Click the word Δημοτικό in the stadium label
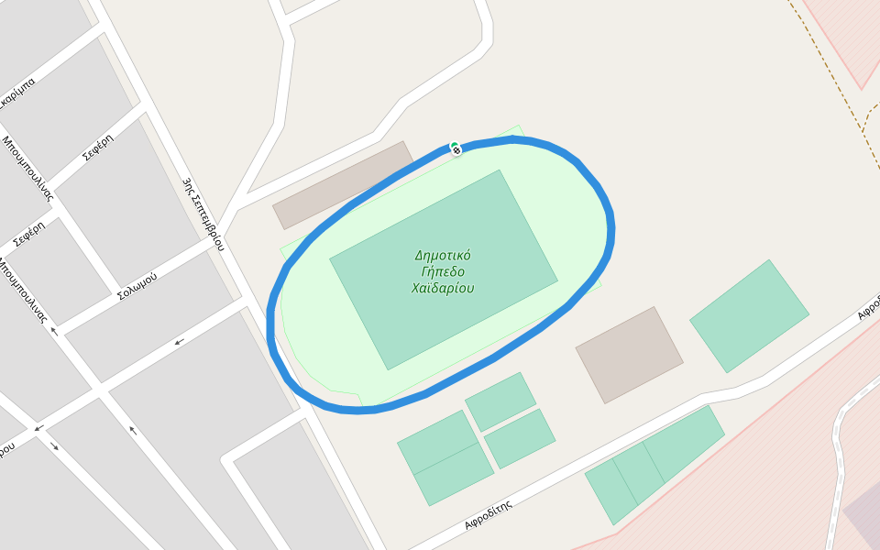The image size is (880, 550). pos(443,256)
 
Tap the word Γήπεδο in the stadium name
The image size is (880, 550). pos(443,271)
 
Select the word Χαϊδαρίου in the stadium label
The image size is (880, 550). pos(443,288)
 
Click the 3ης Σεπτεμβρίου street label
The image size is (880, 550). pos(203,214)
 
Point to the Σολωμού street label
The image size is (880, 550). pos(137,286)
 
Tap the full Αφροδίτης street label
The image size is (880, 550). pos(488,516)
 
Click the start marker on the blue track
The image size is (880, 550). pos(456,148)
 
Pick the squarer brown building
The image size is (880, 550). pos(629,355)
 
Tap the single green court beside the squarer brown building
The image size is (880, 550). pos(749,316)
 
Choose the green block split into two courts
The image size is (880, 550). pos(445,457)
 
